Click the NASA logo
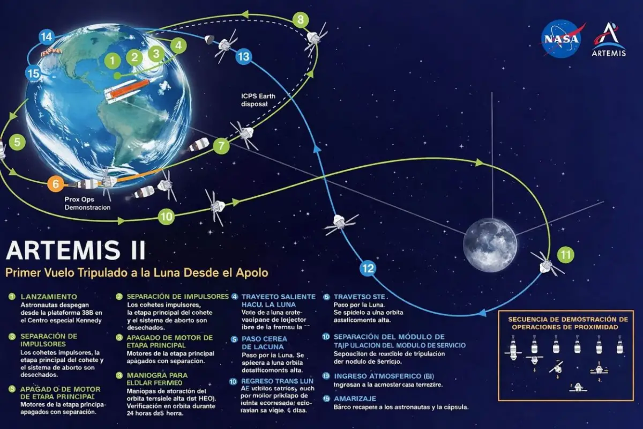(x=561, y=39)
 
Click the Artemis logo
(x=609, y=39)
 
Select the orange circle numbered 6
(x=55, y=183)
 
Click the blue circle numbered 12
(x=367, y=268)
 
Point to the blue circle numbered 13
(x=243, y=56)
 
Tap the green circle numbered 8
(x=301, y=20)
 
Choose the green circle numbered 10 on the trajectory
(x=166, y=217)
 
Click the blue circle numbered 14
(x=47, y=37)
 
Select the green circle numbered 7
(x=221, y=145)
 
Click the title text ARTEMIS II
(x=75, y=251)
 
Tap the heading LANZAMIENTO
(x=49, y=297)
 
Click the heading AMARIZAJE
(x=355, y=398)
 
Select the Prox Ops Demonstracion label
(x=87, y=203)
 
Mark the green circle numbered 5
(x=17, y=142)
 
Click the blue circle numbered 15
(x=33, y=73)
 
